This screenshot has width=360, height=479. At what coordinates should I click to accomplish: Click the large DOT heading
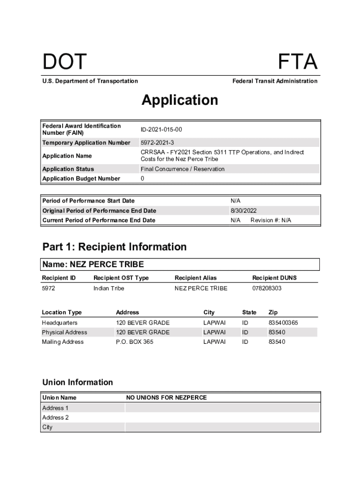tap(65, 62)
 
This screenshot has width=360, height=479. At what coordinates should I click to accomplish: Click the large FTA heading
tap(298, 62)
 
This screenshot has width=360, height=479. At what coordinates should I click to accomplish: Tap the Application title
tap(180, 100)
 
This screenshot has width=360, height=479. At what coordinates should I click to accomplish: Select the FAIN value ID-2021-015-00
tap(161, 129)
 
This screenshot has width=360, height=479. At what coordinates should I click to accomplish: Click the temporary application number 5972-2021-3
tap(157, 143)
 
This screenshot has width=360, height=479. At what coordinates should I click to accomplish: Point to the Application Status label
tap(68, 169)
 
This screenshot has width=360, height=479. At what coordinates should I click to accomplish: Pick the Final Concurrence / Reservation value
tap(182, 169)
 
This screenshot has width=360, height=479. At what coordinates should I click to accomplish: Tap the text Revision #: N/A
tap(271, 220)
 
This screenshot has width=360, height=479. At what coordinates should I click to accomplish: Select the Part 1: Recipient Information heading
tap(114, 247)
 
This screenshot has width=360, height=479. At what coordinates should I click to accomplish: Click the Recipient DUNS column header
tap(274, 278)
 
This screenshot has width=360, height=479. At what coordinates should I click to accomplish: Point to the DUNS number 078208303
tap(266, 288)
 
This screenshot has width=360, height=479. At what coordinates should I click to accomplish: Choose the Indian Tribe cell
tap(108, 288)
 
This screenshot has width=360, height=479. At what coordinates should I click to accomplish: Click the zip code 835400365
tap(283, 323)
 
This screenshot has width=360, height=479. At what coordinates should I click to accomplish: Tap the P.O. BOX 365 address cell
tap(134, 342)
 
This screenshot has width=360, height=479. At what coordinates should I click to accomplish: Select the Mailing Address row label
tap(63, 342)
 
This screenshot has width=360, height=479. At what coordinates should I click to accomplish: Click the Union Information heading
tap(77, 382)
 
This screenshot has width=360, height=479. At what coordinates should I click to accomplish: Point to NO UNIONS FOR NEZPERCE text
tap(166, 398)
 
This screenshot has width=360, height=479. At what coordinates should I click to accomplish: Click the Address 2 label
tap(55, 417)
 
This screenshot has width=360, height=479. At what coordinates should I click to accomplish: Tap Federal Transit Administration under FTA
tap(274, 81)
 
